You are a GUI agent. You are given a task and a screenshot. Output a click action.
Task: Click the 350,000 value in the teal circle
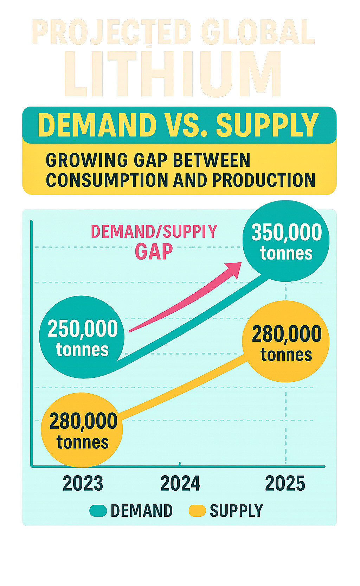pyautogui.click(x=287, y=232)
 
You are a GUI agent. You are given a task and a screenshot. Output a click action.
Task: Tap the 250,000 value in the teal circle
pyautogui.click(x=83, y=329)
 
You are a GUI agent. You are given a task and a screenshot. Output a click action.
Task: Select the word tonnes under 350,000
pyautogui.click(x=286, y=253)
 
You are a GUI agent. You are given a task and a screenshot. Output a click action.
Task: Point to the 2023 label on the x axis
pyautogui.click(x=83, y=483)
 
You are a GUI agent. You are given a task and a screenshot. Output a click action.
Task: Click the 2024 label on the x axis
pyautogui.click(x=180, y=483)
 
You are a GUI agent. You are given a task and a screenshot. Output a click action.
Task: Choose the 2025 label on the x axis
pyautogui.click(x=285, y=483)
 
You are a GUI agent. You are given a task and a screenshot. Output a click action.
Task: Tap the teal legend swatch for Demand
pyautogui.click(x=98, y=511)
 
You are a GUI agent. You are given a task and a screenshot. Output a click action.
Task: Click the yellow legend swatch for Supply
pyautogui.click(x=197, y=511)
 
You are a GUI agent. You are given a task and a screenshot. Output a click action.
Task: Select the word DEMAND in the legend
pyautogui.click(x=142, y=511)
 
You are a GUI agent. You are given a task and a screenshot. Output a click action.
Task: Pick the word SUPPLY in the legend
pyautogui.click(x=236, y=511)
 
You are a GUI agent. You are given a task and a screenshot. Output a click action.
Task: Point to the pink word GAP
pyautogui.click(x=154, y=251)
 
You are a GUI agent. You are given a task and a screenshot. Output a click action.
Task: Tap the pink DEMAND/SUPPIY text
pyautogui.click(x=154, y=231)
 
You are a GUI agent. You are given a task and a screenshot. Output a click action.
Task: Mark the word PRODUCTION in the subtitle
pyautogui.click(x=264, y=180)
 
